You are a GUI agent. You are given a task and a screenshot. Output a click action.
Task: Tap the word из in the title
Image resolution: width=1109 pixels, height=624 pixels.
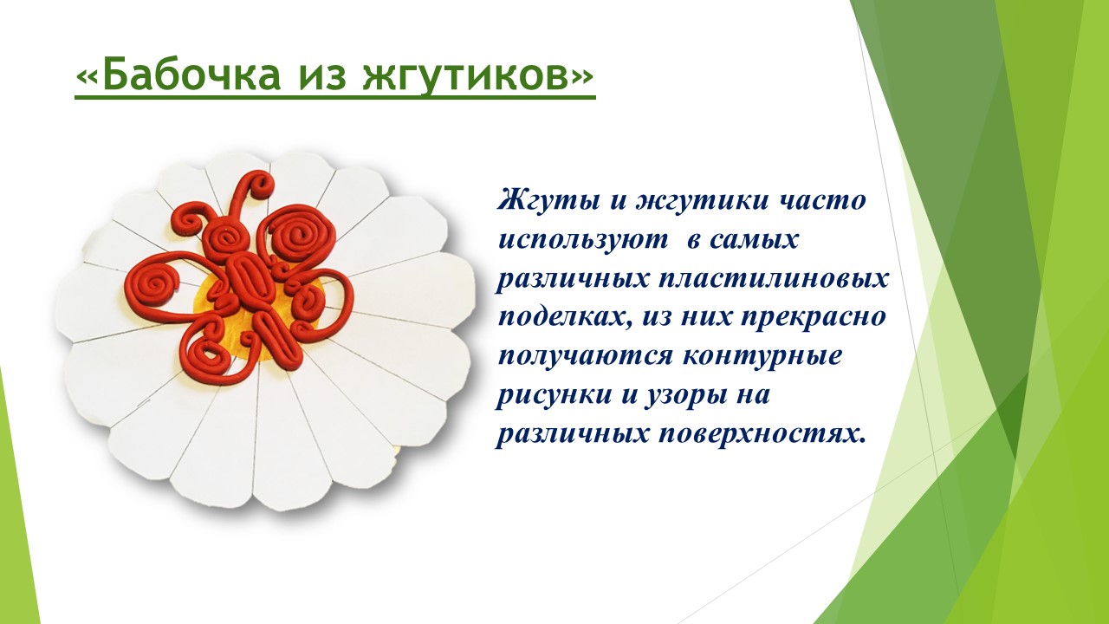tap(321, 77)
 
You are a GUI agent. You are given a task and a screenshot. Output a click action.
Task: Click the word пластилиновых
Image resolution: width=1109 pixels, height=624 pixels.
tap(774, 279)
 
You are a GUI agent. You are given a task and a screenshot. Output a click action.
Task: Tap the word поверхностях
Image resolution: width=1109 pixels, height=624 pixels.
tap(763, 436)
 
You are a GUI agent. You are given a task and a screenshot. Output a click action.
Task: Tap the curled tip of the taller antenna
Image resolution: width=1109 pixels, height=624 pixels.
tap(260, 182)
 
